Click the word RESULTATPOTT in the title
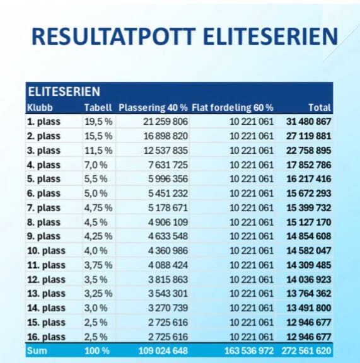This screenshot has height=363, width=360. (113, 37)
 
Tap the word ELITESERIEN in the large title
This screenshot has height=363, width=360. (270, 37)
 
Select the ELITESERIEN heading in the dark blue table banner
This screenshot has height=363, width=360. (64, 91)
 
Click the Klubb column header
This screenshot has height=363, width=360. (40, 108)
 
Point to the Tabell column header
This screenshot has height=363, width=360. (98, 108)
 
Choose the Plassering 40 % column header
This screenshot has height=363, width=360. (153, 108)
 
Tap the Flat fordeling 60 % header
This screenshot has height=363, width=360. (233, 108)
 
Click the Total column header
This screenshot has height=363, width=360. (320, 108)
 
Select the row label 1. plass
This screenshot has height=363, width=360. (44, 122)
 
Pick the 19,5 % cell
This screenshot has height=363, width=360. (98, 122)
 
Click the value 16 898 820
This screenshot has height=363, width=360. (165, 136)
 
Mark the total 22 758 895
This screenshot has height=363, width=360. (308, 151)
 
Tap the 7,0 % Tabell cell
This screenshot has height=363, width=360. (96, 165)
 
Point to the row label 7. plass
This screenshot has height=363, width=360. (44, 208)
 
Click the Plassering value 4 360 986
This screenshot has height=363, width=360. (168, 251)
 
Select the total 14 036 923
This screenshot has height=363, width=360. (309, 280)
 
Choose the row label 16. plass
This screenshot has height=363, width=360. (46, 337)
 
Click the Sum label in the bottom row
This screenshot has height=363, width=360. (37, 351)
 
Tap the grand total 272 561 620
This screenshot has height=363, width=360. (306, 351)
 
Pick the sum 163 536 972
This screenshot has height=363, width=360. (249, 351)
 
